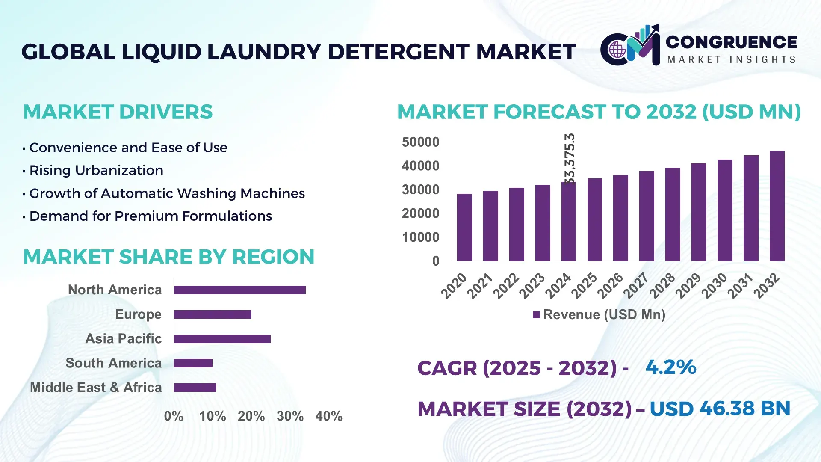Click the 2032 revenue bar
[x=777, y=206]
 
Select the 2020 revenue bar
[x=464, y=227]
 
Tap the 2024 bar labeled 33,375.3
[x=568, y=221]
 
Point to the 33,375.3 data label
[x=570, y=158]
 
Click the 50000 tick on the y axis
[x=420, y=142]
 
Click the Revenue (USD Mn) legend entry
[x=599, y=315]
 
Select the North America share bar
[x=239, y=290]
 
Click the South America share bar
[x=193, y=363]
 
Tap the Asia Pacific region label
[x=123, y=338]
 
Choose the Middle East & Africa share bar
[x=195, y=388]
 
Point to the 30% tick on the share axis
[x=290, y=416]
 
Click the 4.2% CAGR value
[x=670, y=367]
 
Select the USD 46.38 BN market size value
[x=720, y=409]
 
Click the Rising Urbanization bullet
[x=96, y=170]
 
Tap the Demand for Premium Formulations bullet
[x=150, y=216]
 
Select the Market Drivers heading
[x=118, y=112]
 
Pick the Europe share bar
[x=213, y=314]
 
